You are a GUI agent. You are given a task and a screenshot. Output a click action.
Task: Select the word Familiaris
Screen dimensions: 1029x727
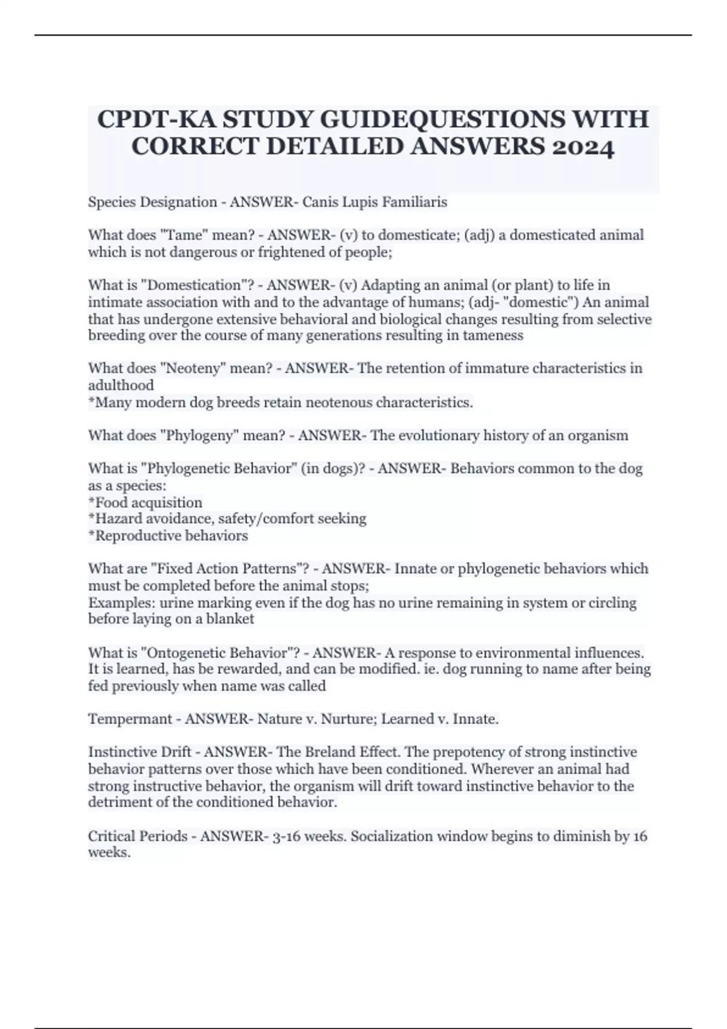tap(413, 202)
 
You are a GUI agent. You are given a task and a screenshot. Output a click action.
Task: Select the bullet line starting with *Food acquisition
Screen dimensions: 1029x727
tap(145, 502)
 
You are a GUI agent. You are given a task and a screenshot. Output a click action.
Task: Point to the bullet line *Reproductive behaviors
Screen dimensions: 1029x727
tap(168, 536)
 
